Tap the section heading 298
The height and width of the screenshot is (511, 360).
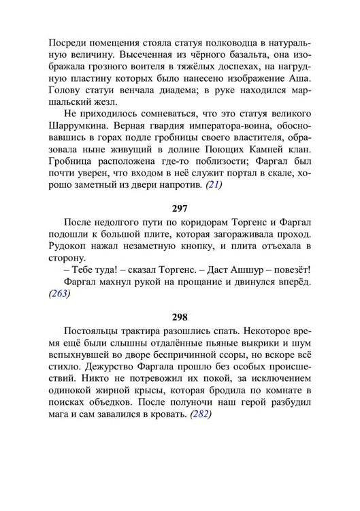pos(180,316)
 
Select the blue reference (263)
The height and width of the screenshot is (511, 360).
pos(59,295)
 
